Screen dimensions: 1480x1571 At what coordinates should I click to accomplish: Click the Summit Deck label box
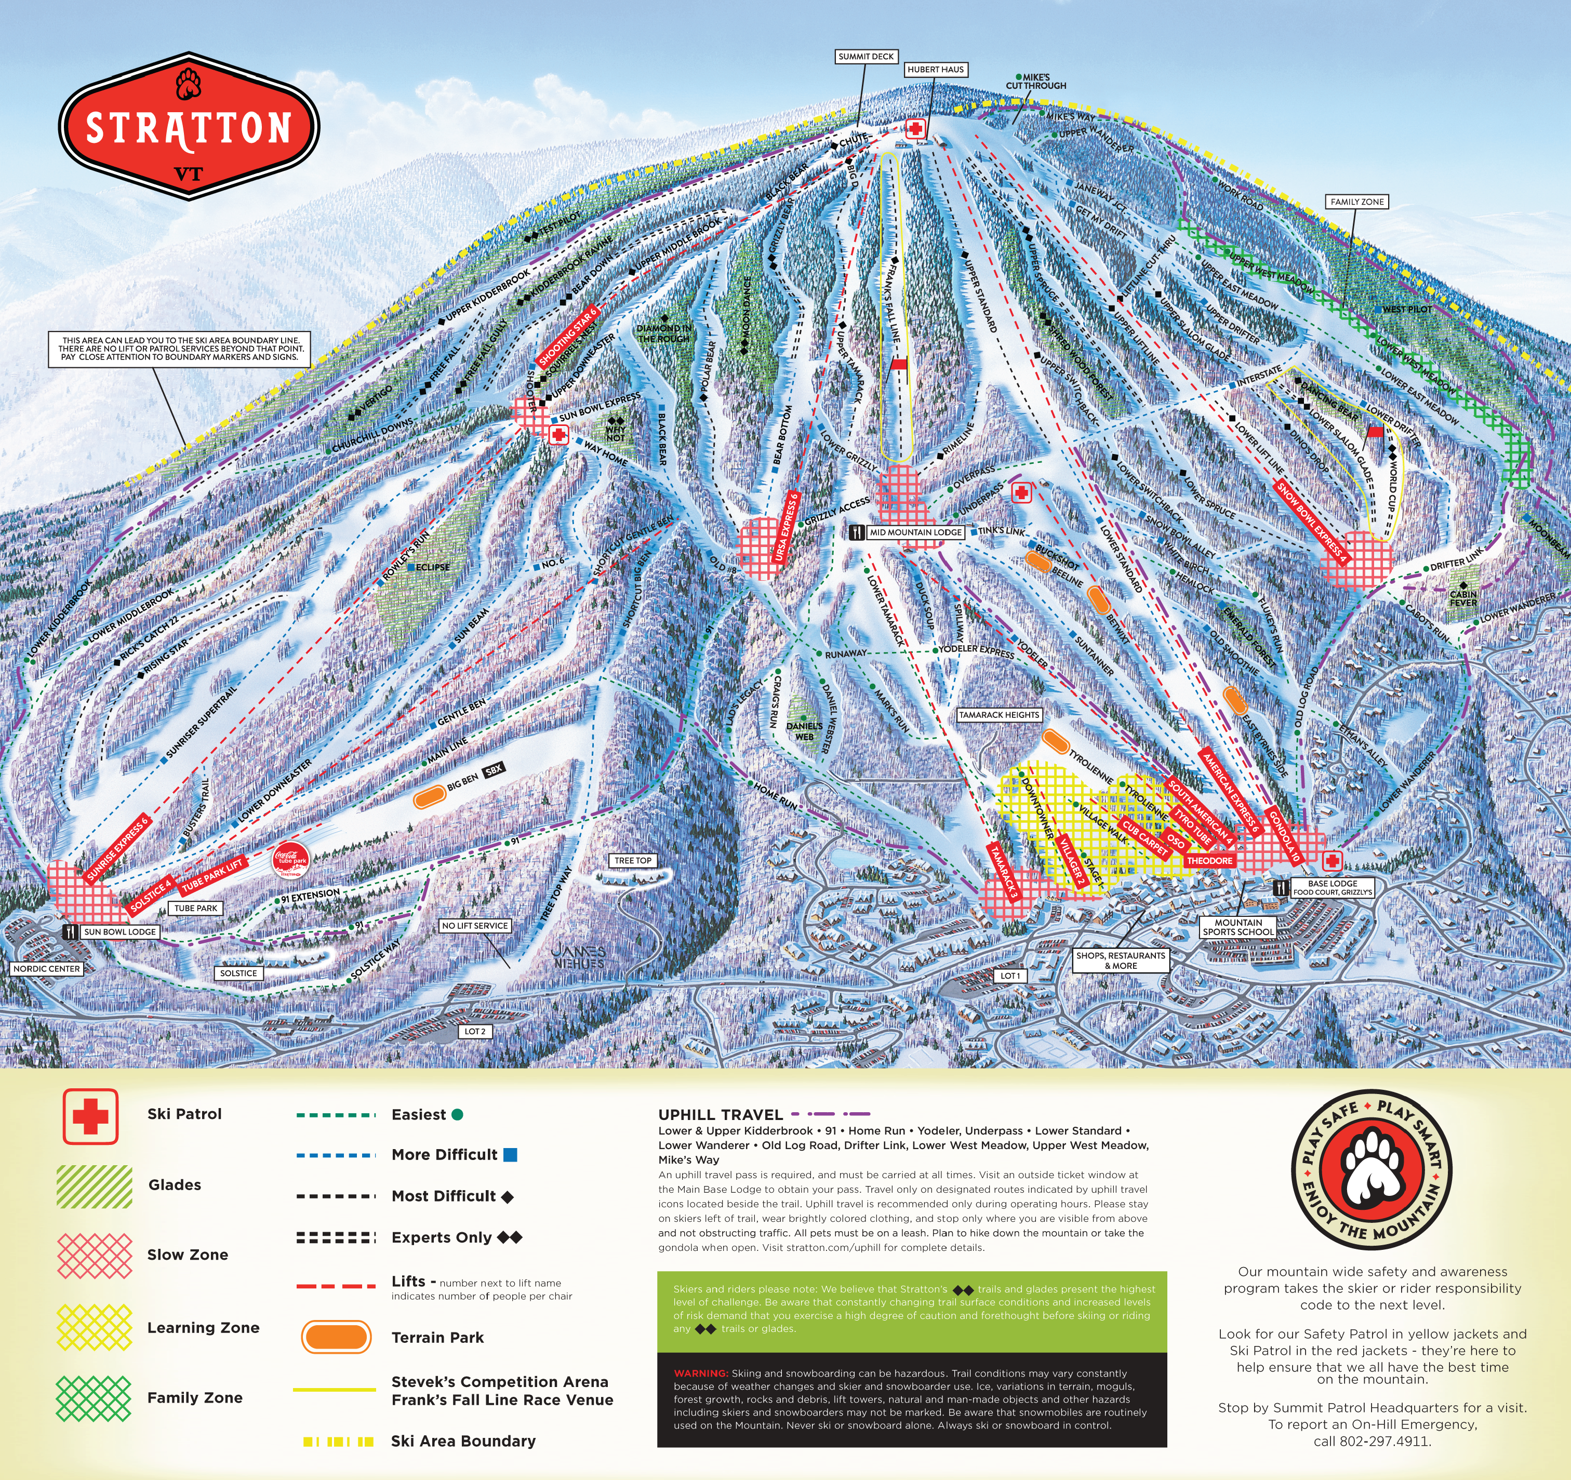tap(866, 57)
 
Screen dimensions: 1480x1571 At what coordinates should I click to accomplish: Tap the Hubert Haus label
tap(936, 70)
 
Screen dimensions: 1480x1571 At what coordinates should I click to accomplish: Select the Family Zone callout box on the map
tap(1357, 202)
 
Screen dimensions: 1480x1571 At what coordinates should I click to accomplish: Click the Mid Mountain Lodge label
tap(915, 532)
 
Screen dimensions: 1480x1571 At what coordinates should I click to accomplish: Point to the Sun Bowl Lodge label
tap(119, 931)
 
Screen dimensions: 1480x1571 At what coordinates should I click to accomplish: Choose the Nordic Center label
tap(47, 969)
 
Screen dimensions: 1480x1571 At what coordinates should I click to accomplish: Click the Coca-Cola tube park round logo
tap(290, 859)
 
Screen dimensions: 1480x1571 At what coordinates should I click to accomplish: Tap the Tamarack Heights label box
tap(999, 715)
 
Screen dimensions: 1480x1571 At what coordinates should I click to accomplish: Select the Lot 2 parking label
tap(475, 1031)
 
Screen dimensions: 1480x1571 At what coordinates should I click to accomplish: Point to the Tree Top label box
tap(633, 860)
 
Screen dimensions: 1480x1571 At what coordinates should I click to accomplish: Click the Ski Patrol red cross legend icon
tap(91, 1116)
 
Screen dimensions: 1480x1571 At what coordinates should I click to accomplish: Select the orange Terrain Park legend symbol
tap(336, 1337)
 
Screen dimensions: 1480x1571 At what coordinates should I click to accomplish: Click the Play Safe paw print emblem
tap(1372, 1172)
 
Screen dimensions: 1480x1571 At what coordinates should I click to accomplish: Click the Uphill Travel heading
tap(720, 1115)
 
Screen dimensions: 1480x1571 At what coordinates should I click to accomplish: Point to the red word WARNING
tap(700, 1374)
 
